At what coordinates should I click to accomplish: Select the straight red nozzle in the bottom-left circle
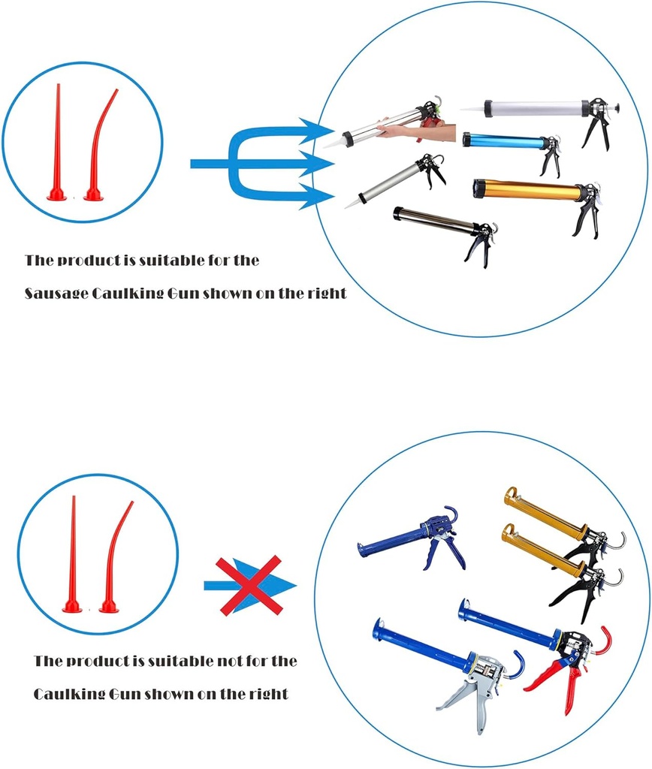(x=73, y=556)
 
